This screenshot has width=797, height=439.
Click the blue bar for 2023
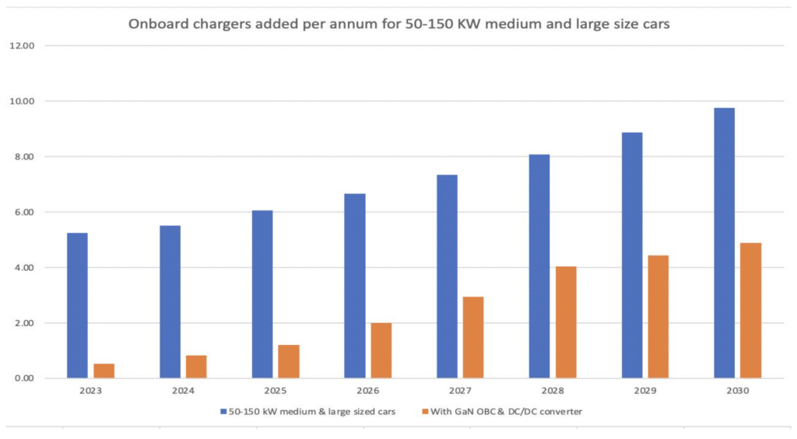point(77,305)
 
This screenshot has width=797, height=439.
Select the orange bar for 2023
point(104,371)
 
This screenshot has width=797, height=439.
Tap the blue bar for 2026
point(354,286)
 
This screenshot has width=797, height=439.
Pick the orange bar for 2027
point(473,337)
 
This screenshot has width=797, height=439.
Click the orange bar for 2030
point(750,311)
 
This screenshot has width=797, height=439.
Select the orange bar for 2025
point(289,361)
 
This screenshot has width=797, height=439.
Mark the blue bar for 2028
point(539,266)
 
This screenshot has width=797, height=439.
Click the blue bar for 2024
point(170,302)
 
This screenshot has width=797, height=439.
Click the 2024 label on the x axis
point(183,391)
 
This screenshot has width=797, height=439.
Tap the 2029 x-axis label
point(644,391)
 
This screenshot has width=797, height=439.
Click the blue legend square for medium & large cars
point(223,411)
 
